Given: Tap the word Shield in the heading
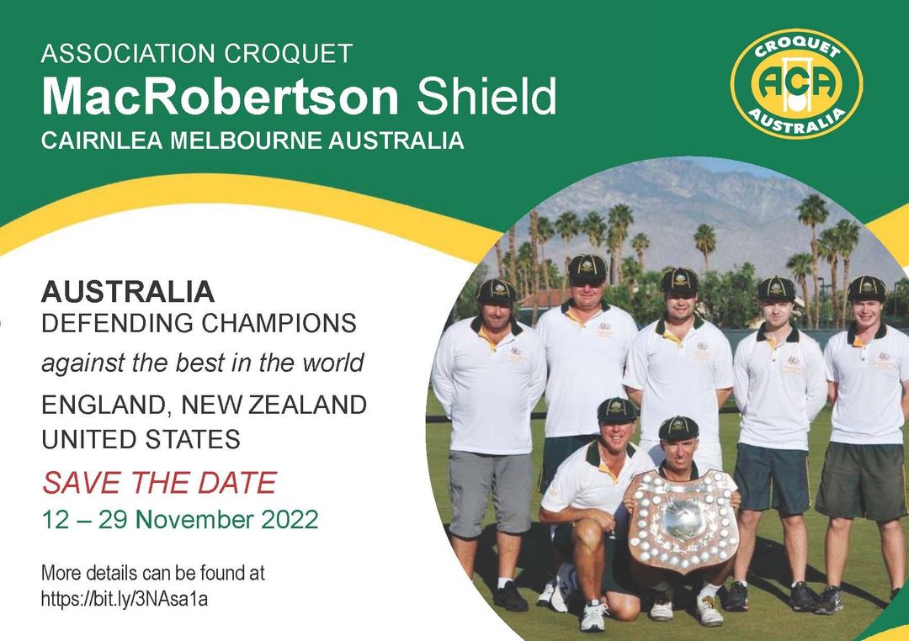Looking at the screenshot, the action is click(486, 96).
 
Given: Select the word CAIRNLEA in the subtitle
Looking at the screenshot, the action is click(102, 140).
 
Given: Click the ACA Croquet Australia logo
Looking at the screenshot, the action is click(796, 83).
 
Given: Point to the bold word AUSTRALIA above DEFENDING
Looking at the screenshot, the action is click(128, 292).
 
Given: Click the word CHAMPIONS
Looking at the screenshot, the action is click(274, 323).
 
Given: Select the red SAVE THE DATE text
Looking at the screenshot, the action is click(159, 483).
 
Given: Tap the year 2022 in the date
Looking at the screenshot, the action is click(290, 519).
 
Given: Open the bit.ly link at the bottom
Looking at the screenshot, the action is click(124, 599).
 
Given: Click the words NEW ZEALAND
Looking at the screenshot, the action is click(274, 405).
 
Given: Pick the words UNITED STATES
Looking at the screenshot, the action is click(141, 439).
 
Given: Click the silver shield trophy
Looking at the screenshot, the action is click(682, 521).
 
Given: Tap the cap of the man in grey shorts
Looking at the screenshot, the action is click(497, 290).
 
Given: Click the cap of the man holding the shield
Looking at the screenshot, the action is click(678, 427).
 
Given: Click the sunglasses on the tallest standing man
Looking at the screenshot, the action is click(586, 283).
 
